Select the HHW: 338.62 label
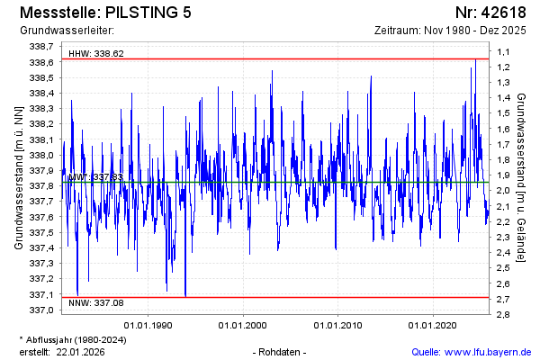click(96, 53)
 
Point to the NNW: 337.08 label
click(96, 303)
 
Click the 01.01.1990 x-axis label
click(148, 325)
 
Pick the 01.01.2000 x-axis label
click(243, 325)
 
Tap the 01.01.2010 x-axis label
click(337, 325)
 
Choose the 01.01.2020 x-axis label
click(433, 325)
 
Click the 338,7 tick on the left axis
click(43, 46)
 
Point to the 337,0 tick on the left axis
click(43, 310)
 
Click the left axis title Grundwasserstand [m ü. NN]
click(19, 178)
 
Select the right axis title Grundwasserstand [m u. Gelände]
click(522, 178)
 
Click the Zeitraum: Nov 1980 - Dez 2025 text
click(449, 31)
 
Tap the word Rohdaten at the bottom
click(281, 351)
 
